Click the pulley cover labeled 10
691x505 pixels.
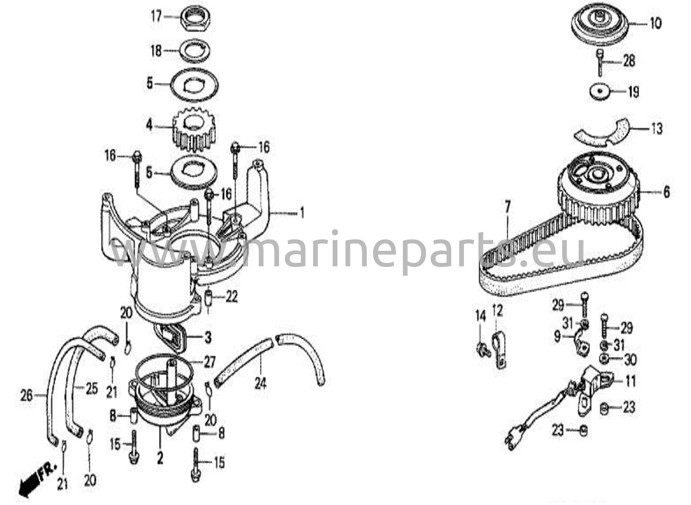coord(600,24)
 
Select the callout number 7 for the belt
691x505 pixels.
coord(507,207)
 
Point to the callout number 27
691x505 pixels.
coord(209,362)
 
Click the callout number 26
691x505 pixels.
coord(27,396)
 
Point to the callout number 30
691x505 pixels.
coord(630,360)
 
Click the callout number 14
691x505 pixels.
coord(480,316)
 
